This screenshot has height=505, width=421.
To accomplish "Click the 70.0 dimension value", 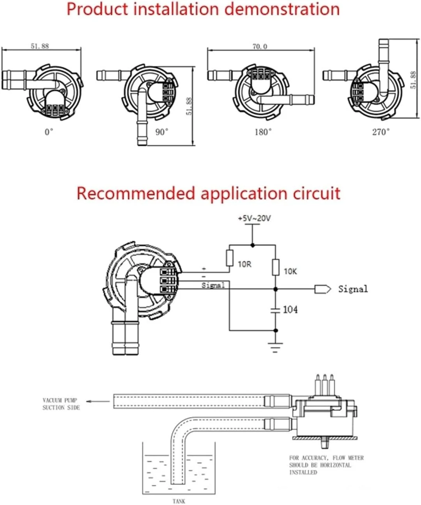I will pos(260,47).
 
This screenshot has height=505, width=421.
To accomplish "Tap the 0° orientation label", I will pos(48,132).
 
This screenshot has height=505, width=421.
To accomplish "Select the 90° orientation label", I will pos(162,132).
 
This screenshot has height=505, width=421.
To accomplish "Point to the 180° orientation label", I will pos(263,132).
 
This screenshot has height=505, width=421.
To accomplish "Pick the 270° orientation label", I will pos(380,132).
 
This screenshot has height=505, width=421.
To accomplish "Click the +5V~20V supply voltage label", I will pos(254,218).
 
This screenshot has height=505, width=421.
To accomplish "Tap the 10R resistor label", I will pos(245,264).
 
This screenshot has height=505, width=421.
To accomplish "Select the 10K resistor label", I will pos(290,271).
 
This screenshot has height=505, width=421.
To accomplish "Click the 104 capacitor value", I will pos(290,310).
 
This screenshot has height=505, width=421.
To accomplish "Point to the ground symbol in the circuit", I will pos(276,346).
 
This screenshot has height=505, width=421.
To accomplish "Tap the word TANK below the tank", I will pos(179,501).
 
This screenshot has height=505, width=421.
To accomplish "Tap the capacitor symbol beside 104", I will pos(276,310).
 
